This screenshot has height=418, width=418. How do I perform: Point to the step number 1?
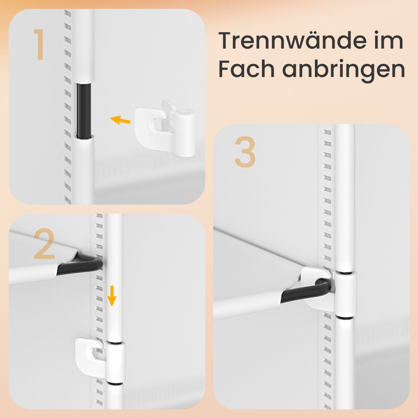[x=39, y=45]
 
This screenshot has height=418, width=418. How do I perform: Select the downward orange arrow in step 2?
[x=112, y=296]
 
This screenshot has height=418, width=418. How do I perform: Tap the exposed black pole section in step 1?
[x=84, y=110]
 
